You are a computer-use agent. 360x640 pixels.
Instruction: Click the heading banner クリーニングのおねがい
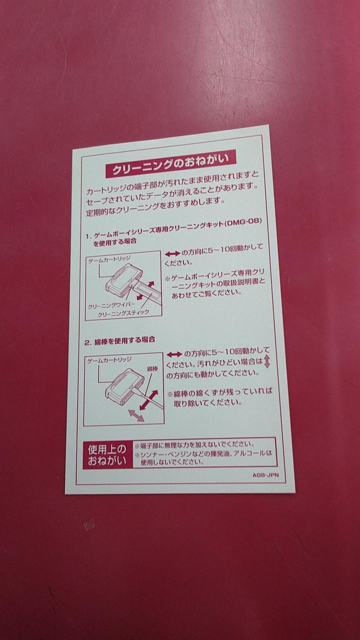(171, 164)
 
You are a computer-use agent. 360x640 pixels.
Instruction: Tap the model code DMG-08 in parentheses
(243, 222)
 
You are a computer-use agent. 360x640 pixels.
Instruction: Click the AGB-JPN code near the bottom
(265, 475)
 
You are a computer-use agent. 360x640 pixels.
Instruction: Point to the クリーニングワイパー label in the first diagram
(111, 305)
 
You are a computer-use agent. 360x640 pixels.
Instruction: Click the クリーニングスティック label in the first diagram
(123, 313)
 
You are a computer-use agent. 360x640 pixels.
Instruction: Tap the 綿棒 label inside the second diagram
(152, 369)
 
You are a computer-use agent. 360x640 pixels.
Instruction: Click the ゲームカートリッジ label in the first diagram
(109, 259)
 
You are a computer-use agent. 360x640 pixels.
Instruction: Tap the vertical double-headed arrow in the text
(267, 361)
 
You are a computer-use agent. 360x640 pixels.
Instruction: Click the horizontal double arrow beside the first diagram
(172, 253)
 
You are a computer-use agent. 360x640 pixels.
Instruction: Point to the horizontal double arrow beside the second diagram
(174, 354)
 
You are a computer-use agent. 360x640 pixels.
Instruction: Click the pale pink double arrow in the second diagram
(136, 415)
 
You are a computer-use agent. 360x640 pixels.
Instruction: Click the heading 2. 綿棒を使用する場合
(120, 340)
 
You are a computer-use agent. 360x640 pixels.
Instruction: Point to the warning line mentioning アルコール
(203, 454)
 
